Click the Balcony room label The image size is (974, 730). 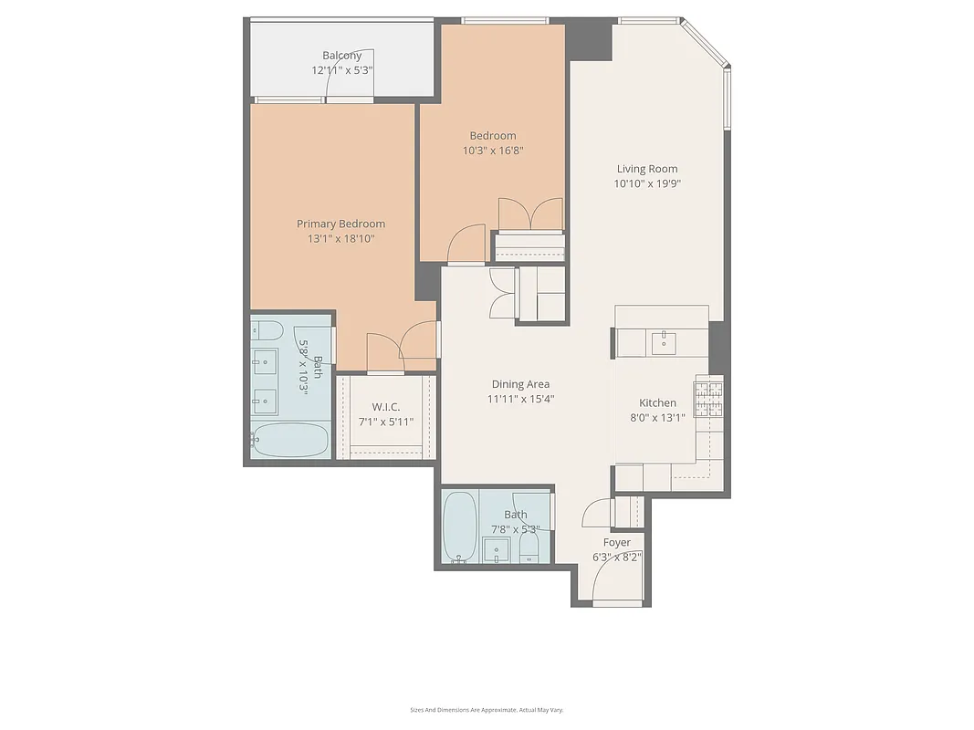click(341, 56)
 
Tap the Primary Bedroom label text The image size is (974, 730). click(340, 224)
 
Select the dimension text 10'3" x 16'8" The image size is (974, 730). click(493, 151)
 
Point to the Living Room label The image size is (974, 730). click(647, 168)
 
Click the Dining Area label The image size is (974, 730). click(520, 384)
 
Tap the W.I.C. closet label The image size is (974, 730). click(386, 407)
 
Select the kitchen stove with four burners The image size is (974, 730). click(709, 399)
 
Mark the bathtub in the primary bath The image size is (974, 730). click(289, 440)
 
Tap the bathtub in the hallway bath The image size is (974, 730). click(458, 527)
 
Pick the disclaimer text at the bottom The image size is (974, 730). click(487, 709)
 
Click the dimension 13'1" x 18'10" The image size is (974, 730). click(340, 239)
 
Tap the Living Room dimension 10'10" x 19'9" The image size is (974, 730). click(647, 183)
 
